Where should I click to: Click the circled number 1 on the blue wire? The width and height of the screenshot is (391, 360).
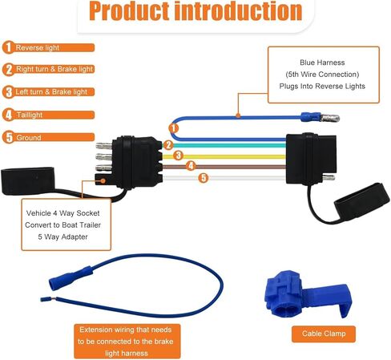(174, 128)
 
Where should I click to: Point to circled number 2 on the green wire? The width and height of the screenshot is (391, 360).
(168, 145)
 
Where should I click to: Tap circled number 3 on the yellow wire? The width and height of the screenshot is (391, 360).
(178, 156)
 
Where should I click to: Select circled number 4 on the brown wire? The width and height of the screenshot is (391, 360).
(191, 166)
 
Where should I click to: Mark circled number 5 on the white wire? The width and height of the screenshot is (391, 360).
(204, 178)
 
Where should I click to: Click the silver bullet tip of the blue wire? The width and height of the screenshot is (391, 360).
(330, 118)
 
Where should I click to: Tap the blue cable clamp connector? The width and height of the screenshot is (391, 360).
(308, 294)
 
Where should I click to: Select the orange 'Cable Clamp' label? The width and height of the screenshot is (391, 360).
(324, 334)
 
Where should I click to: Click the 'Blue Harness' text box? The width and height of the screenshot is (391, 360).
(324, 75)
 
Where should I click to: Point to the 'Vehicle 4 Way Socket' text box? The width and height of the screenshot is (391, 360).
(66, 224)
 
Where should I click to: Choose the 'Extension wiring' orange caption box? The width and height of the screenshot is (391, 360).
(127, 342)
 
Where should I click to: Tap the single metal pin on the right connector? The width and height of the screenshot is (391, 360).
(329, 177)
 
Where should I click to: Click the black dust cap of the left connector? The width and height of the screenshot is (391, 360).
(28, 180)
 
